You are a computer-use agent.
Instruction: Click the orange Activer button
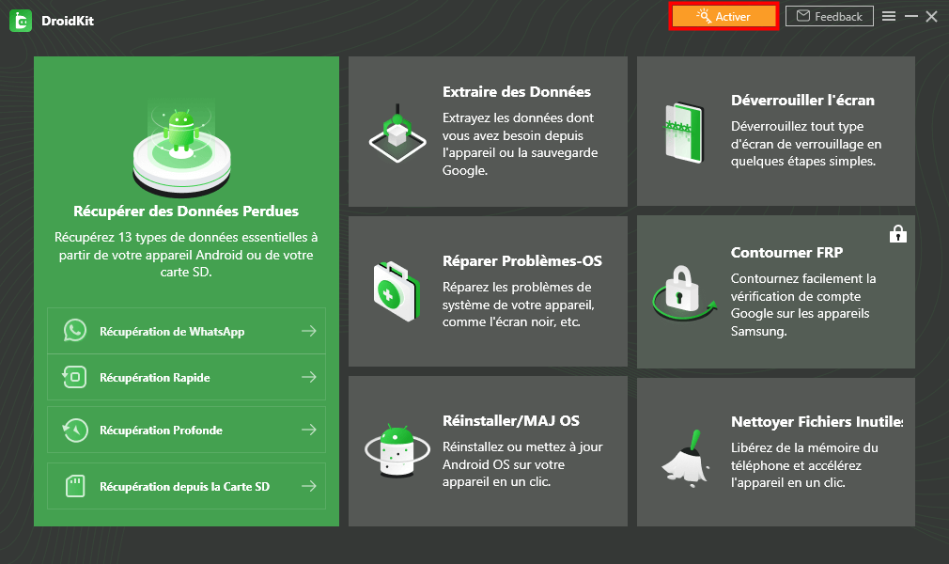point(723,16)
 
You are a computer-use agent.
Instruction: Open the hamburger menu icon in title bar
point(888,16)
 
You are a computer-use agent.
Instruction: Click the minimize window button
point(910,16)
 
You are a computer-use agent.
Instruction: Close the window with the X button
point(931,16)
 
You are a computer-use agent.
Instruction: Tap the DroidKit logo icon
point(20,21)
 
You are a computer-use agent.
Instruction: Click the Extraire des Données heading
point(517,92)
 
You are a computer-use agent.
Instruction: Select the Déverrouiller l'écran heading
point(802,101)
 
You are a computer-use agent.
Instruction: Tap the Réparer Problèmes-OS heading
point(522,260)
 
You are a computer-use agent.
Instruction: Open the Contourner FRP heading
point(787,253)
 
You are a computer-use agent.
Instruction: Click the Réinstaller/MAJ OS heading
point(511,420)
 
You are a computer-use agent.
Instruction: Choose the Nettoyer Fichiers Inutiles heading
point(816,421)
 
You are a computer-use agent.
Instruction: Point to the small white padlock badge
point(898,233)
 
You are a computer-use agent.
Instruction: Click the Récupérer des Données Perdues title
point(186,211)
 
